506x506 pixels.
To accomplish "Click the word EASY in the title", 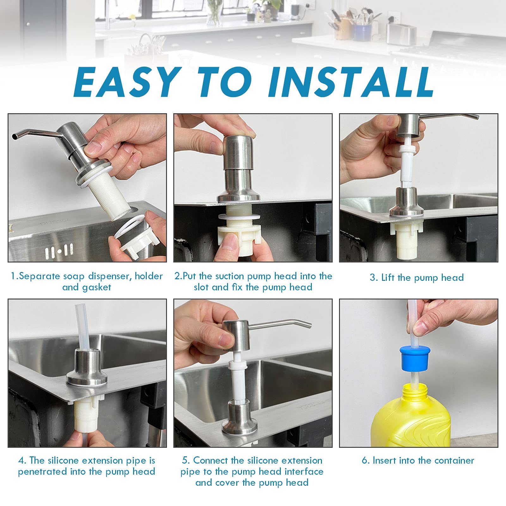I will pos(125,83).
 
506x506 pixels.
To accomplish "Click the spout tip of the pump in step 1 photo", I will pos(15,137).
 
